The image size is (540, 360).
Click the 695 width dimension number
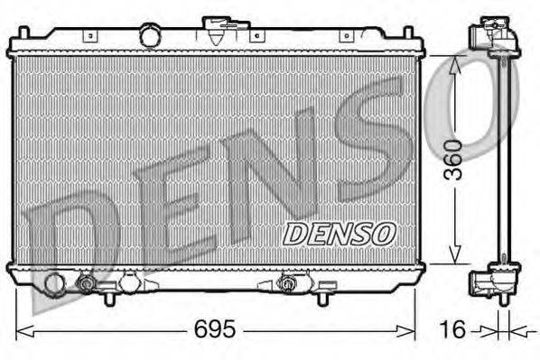(214, 329)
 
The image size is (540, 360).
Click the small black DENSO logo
(340, 233)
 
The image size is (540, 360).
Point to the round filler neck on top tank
(149, 35)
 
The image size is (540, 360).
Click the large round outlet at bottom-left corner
(54, 284)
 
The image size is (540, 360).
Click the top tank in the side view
(494, 36)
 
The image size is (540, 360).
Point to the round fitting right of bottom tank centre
(289, 284)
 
